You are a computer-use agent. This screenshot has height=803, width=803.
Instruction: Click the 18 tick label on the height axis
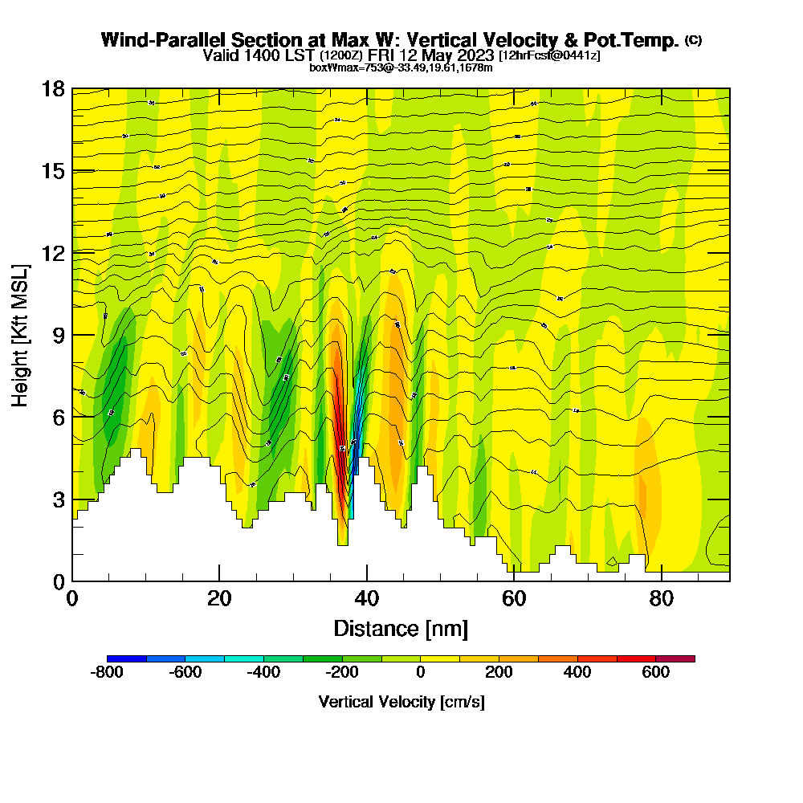coord(53,88)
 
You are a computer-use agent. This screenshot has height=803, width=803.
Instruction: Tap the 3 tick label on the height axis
coord(59,499)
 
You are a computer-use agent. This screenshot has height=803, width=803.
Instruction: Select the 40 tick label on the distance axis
coord(366,599)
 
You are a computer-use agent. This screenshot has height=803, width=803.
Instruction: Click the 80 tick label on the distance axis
coord(661,599)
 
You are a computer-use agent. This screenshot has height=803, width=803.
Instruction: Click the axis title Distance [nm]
coord(401,628)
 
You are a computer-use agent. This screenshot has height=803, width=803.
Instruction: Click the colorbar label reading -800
coord(108,673)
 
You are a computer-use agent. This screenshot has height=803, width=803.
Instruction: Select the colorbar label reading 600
coord(655,673)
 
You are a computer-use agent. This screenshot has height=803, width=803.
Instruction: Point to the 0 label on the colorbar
coord(420,673)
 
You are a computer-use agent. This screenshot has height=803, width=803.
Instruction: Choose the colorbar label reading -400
coord(264,673)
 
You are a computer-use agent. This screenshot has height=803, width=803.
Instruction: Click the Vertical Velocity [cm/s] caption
coord(401,702)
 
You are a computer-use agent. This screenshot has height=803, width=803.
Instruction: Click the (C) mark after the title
coord(694,39)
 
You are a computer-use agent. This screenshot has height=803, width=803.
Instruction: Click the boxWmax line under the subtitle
coord(401,67)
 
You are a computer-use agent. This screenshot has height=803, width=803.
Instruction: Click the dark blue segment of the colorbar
coord(127,658)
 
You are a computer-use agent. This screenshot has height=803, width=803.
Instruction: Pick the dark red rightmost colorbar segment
coord(675,658)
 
